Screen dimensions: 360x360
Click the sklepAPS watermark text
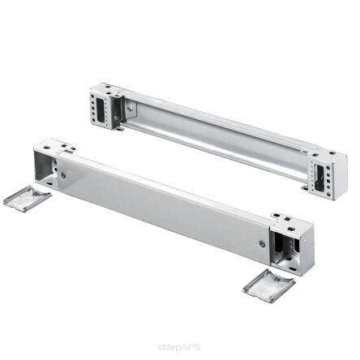point(179,347)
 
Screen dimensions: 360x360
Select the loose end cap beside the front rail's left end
point(27,199)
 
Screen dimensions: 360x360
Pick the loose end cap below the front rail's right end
point(269,286)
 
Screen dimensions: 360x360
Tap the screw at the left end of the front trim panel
point(63,176)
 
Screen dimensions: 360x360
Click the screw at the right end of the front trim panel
point(262,244)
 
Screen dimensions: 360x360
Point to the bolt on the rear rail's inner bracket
point(131,108)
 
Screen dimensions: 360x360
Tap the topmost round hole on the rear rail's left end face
point(93,96)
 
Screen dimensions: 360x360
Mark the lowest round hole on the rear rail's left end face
point(93,119)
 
